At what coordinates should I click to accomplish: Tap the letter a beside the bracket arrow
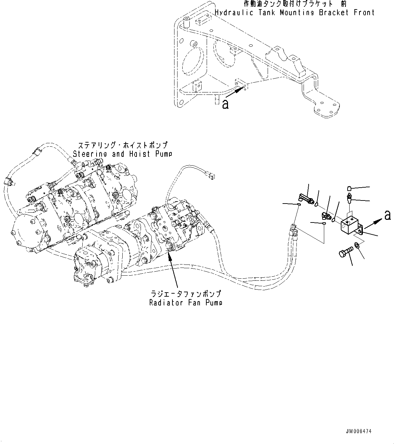[x=225, y=105]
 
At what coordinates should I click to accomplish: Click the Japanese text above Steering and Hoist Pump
[x=123, y=145]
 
